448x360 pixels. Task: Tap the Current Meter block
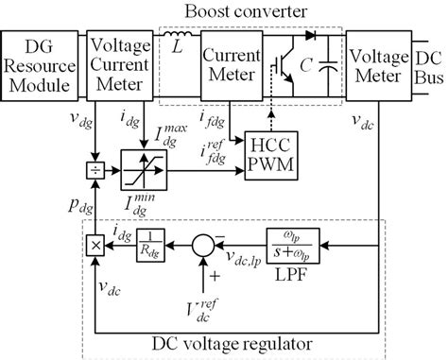231,60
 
